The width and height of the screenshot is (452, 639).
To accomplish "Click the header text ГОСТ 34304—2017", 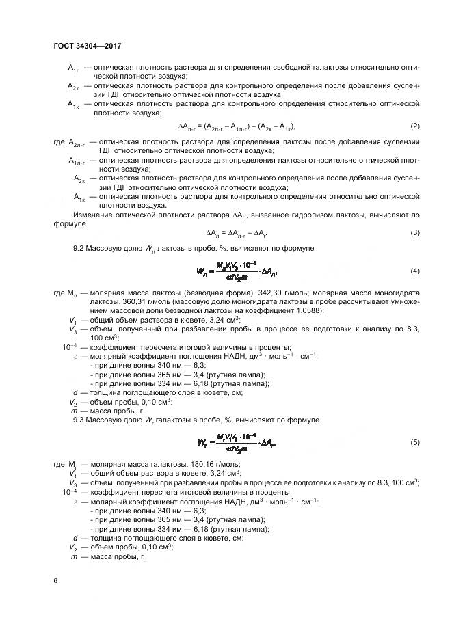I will (x=87, y=46).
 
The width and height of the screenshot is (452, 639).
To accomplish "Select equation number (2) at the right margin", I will (x=414, y=127).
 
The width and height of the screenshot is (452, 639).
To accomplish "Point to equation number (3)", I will (x=414, y=234).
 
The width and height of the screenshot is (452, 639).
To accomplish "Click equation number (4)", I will (x=414, y=271).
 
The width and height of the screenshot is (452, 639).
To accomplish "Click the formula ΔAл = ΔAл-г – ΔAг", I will (x=228, y=234).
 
